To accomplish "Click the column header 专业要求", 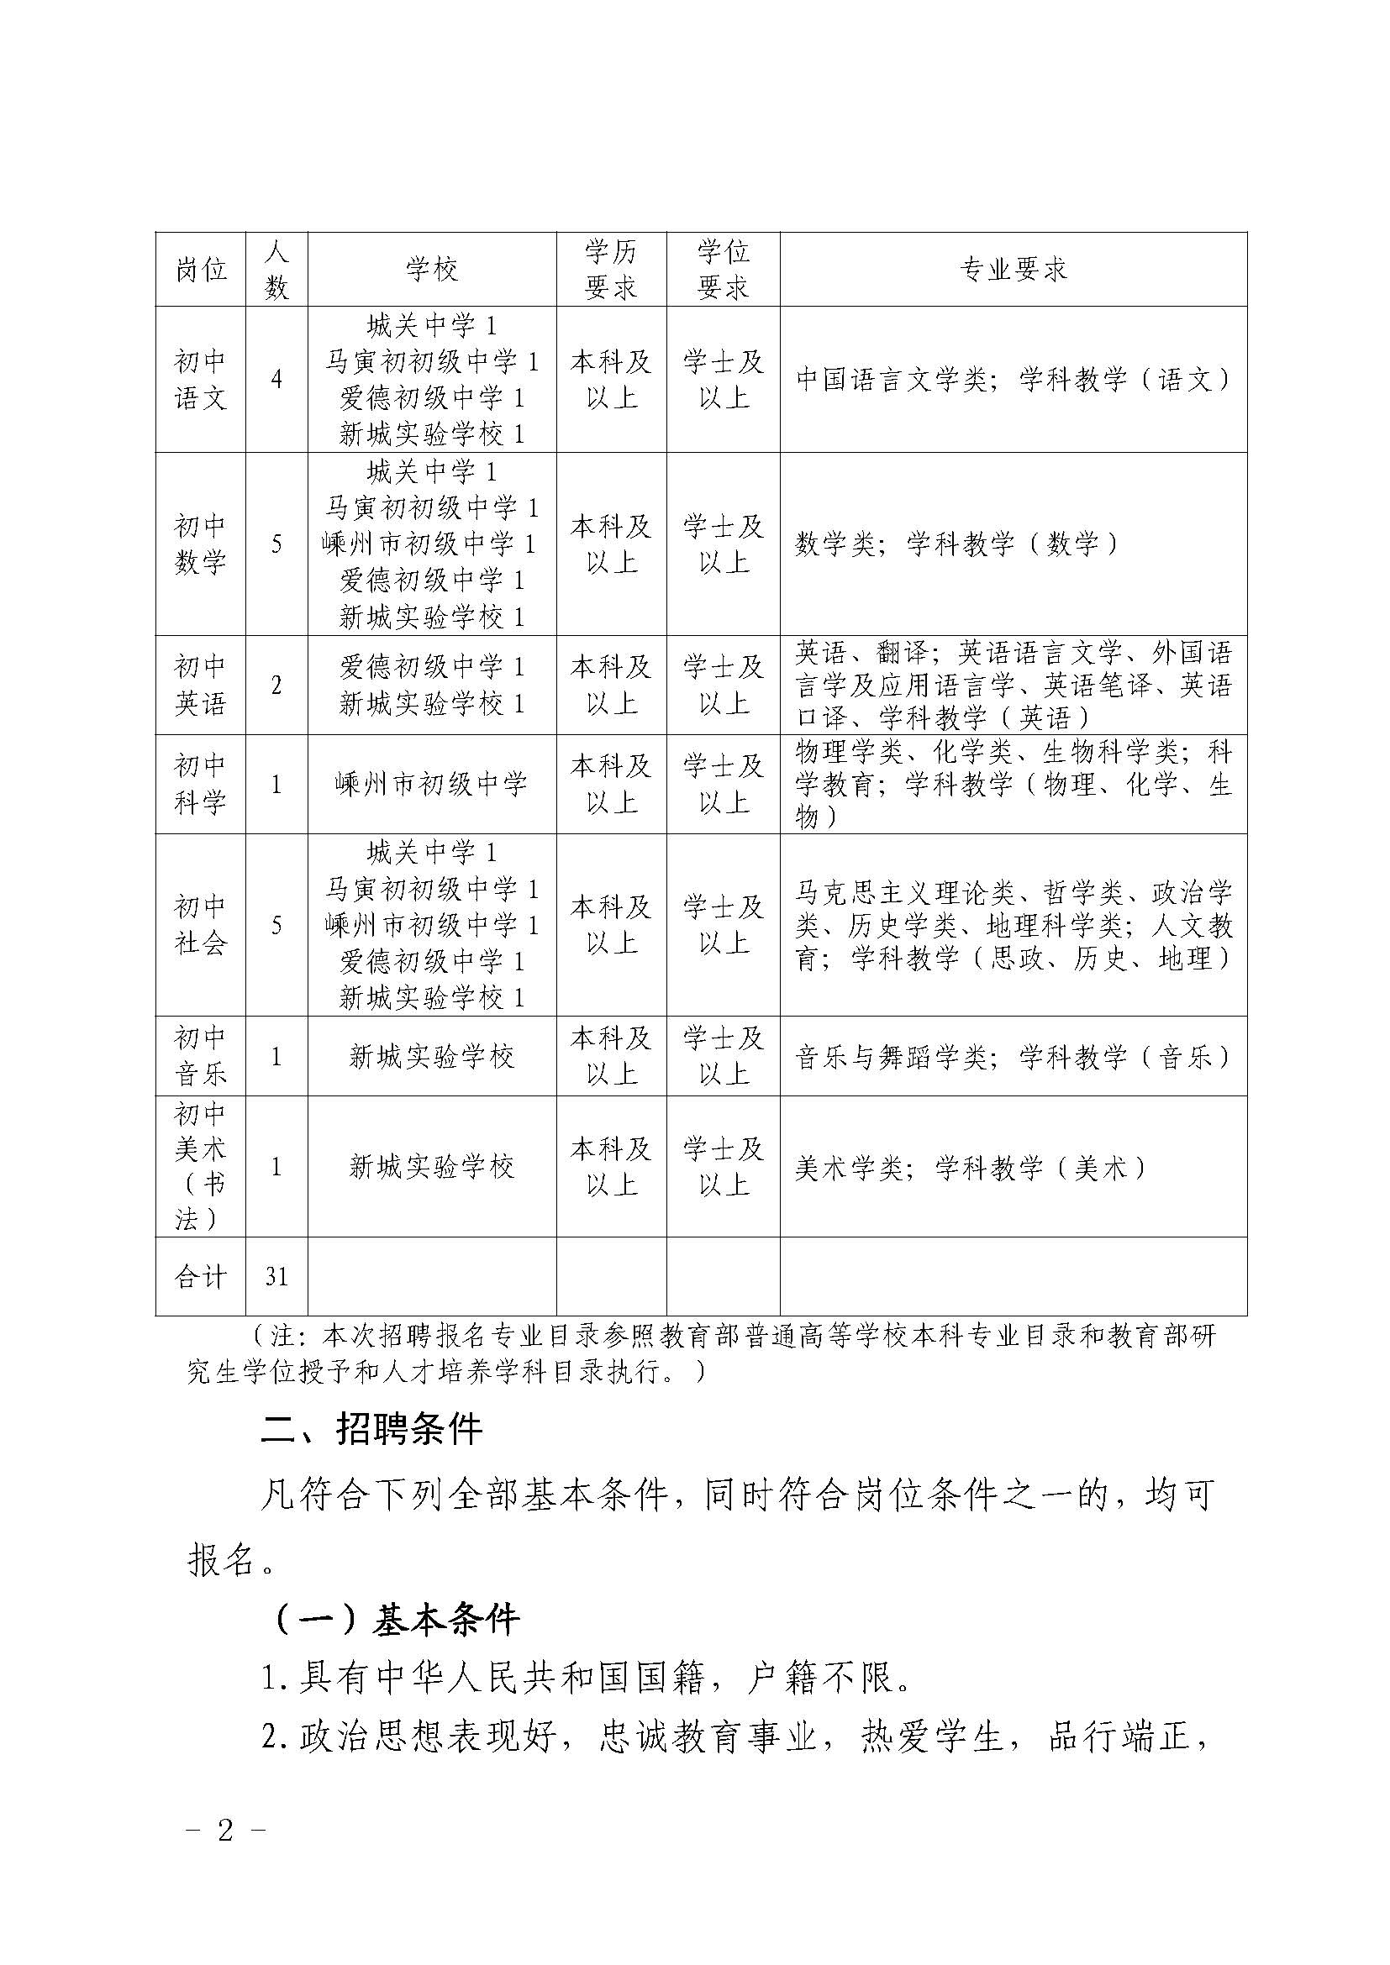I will pyautogui.click(x=1014, y=270).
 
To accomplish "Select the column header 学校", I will pyautogui.click(x=432, y=270).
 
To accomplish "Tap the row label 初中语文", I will pyautogui.click(x=200, y=380).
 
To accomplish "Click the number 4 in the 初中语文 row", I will pyautogui.click(x=276, y=380).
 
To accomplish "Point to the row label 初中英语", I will pyautogui.click(x=200, y=685).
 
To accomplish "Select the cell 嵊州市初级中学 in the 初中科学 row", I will pyautogui.click(x=432, y=784).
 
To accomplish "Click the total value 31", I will pyautogui.click(x=276, y=1277).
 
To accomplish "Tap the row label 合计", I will pyautogui.click(x=200, y=1277).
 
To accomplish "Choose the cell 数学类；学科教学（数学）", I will pyautogui.click(x=956, y=544).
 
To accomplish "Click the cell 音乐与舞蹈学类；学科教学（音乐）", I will pyautogui.click(x=1014, y=1057).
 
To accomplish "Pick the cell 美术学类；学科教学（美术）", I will pyautogui.click(x=970, y=1168).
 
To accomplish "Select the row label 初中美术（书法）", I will pyautogui.click(x=200, y=1167).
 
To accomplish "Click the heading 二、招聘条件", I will pyautogui.click(x=371, y=1429).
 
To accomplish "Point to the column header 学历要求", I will pyautogui.click(x=611, y=270).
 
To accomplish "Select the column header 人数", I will pyautogui.click(x=276, y=270).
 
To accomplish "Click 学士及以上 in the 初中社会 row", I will pyautogui.click(x=724, y=925).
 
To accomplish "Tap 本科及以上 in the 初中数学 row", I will pyautogui.click(x=611, y=544).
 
